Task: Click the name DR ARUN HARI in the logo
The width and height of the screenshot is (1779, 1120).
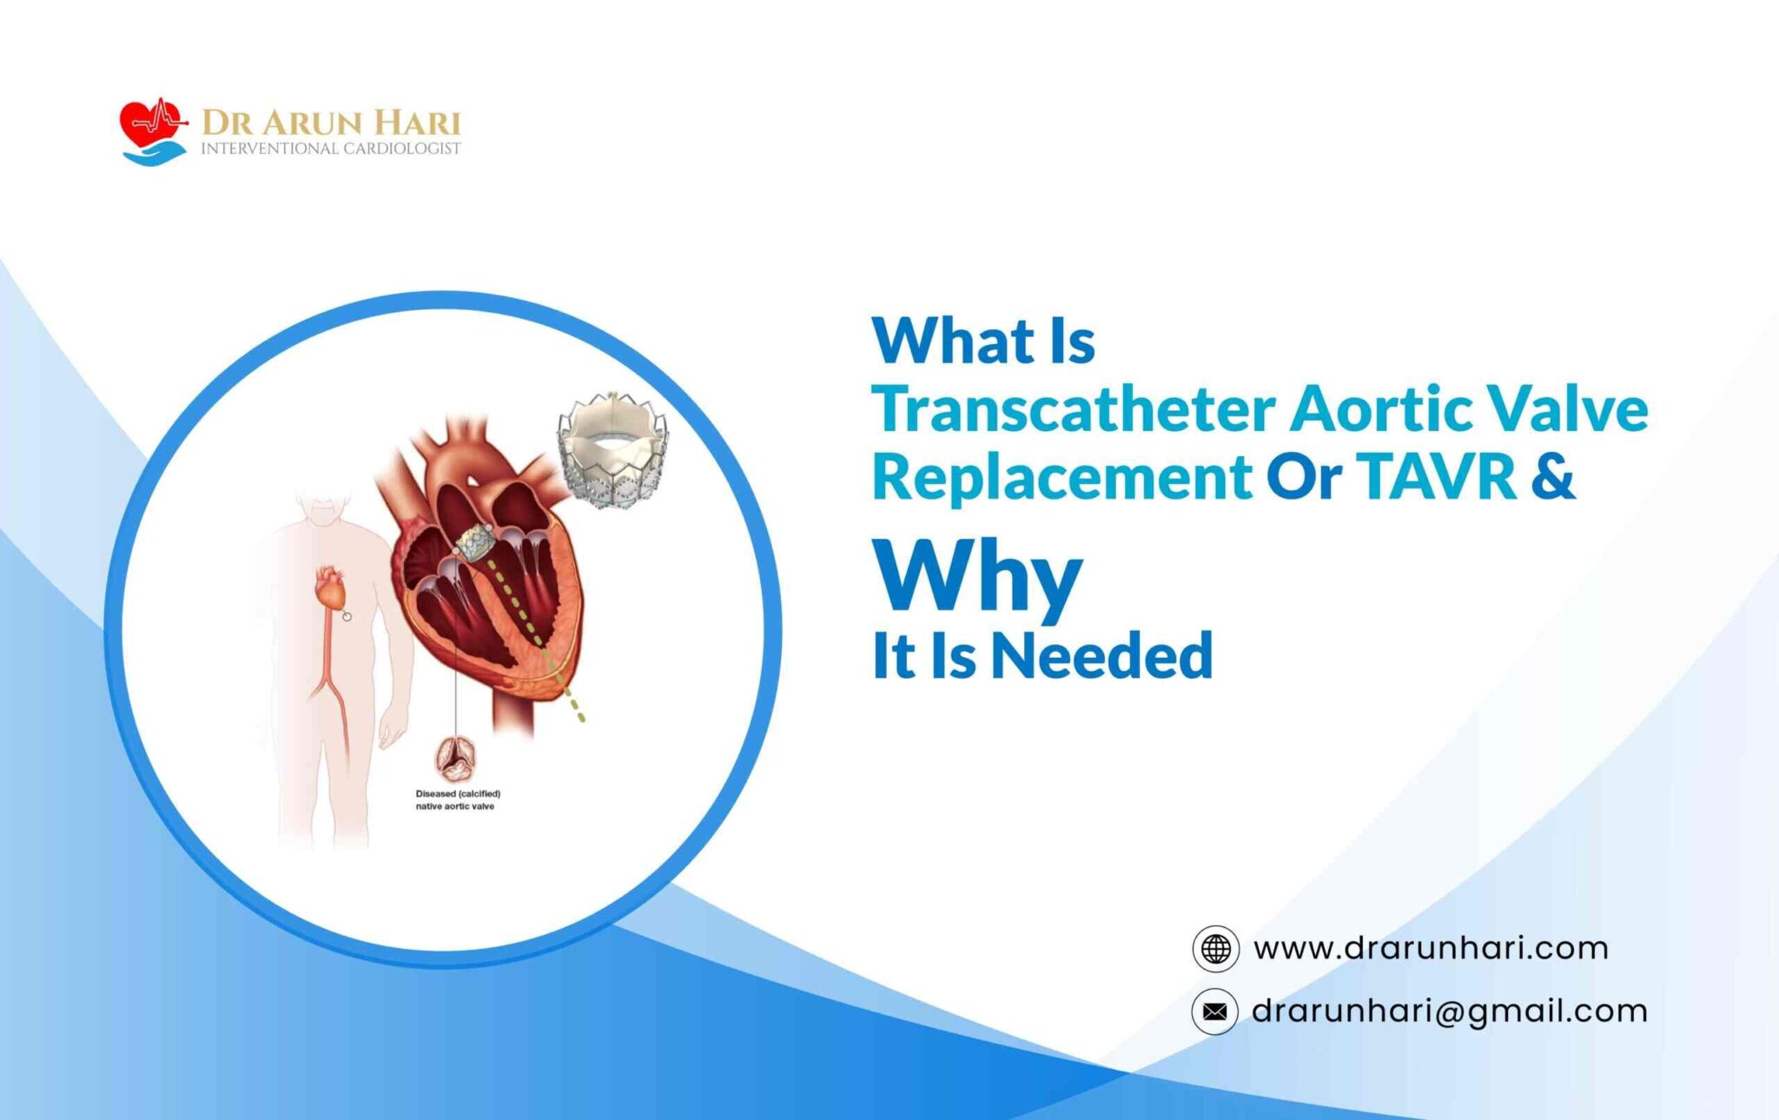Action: [331, 123]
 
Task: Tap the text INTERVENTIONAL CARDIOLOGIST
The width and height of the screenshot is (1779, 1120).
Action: [331, 149]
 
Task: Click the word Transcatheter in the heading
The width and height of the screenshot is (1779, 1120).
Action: [1074, 408]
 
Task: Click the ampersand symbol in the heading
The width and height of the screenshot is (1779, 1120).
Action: [1553, 477]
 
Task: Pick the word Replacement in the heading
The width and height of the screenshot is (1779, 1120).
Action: [1062, 479]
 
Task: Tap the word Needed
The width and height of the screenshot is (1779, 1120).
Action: [1101, 655]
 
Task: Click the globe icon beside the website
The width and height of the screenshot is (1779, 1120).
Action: [1215, 948]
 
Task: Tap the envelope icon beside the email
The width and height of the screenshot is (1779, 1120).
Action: [1215, 1011]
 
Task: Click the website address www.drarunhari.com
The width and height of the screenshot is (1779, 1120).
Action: [1431, 948]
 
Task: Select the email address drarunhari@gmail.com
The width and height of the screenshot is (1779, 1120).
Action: [1450, 1011]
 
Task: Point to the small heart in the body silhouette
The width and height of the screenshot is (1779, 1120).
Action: [331, 588]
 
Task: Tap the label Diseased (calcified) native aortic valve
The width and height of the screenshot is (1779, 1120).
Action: [458, 799]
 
